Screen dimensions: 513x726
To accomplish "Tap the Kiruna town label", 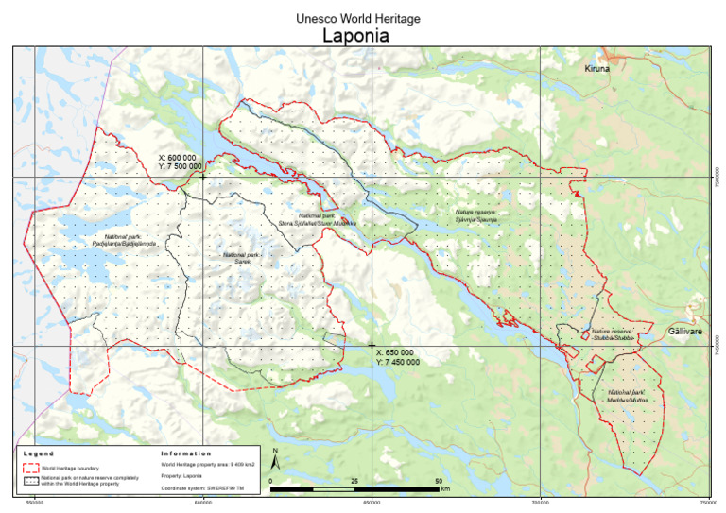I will [x=597, y=70].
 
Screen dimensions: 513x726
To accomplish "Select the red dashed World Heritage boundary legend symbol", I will [x=30, y=467].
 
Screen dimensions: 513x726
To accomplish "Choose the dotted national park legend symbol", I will [x=30, y=480].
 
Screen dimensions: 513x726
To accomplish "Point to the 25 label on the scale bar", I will [x=354, y=482].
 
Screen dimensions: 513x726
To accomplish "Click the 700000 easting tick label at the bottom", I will [x=540, y=504].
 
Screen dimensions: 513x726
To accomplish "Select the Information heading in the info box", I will [x=186, y=453].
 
